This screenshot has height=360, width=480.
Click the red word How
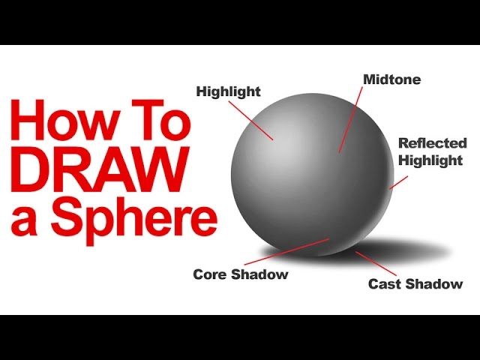(66, 120)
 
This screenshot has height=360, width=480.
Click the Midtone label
(391, 79)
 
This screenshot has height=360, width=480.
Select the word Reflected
(433, 143)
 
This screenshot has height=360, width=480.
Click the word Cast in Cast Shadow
(385, 283)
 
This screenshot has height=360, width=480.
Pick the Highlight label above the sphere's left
(228, 91)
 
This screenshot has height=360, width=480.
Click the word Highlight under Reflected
(430, 160)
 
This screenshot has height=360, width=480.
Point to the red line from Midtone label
(351, 119)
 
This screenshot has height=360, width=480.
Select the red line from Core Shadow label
(286, 252)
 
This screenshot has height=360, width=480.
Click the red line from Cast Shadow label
(376, 263)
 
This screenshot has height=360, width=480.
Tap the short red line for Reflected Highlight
(398, 182)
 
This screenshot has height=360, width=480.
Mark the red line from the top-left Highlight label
(250, 121)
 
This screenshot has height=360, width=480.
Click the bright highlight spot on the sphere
(277, 144)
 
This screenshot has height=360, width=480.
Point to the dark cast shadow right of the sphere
(407, 250)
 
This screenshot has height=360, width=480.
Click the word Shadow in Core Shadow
(259, 274)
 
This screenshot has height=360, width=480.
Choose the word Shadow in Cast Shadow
(433, 283)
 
